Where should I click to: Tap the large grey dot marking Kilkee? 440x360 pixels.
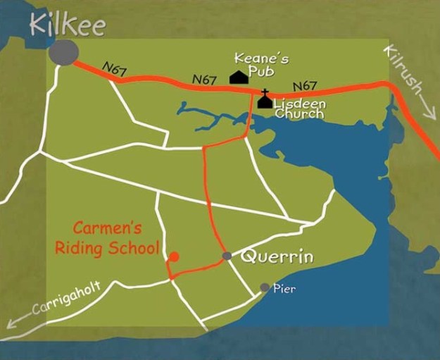[x=64, y=53]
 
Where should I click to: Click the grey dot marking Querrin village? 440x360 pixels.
[x=227, y=255]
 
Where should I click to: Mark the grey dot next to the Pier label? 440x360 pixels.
[x=265, y=287]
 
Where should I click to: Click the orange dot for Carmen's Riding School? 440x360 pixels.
[x=174, y=256]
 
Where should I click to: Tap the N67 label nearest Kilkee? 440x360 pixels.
[x=114, y=68]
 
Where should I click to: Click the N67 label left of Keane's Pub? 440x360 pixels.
[x=203, y=80]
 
